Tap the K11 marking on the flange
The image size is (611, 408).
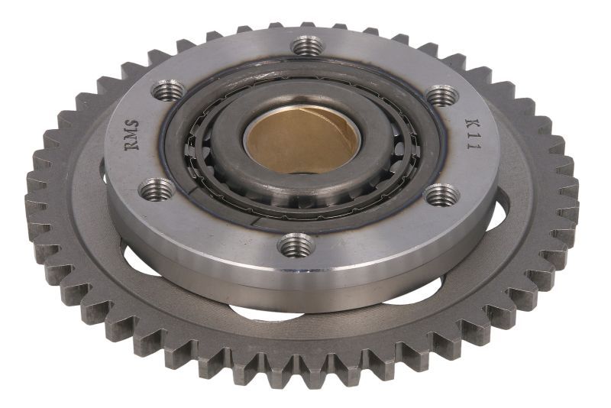pos(472,134)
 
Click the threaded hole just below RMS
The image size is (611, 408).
pos(156,186)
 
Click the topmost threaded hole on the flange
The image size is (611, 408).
pos(309,47)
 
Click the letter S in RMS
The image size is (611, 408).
pos(130,122)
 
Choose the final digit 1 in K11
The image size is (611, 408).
pos(474,147)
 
